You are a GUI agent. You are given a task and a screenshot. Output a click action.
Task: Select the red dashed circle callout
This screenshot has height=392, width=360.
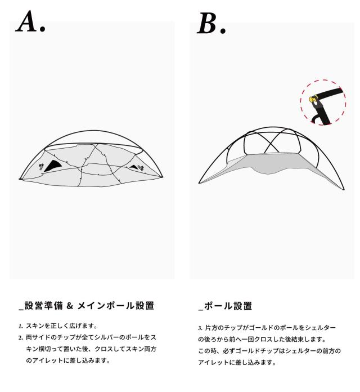pyautogui.click(x=323, y=102)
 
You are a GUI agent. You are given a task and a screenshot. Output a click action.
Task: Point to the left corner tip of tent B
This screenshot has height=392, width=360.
pyautogui.click(x=200, y=182)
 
